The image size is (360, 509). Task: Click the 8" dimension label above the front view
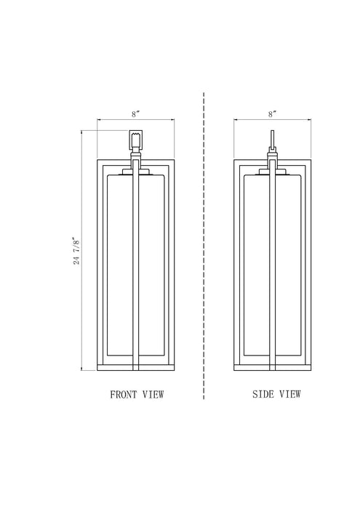(136, 114)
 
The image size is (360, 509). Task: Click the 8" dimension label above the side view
(272, 114)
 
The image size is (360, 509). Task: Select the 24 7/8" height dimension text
(76, 251)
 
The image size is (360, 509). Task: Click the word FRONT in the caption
(124, 394)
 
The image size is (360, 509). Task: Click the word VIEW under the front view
(153, 394)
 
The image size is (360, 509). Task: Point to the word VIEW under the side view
(290, 394)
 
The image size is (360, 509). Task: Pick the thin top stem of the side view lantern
(272, 139)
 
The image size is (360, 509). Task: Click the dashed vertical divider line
(204, 246)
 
